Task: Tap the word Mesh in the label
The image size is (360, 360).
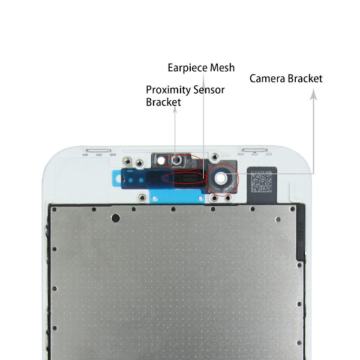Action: (223, 67)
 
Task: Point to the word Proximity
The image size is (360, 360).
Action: (168, 91)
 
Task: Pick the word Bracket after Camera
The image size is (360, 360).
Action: (305, 79)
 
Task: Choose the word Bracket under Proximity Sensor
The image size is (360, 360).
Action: (163, 103)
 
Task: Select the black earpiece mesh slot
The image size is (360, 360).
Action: (187, 178)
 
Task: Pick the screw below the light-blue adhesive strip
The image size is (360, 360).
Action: (142, 197)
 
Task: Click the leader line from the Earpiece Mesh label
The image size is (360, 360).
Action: (203, 120)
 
